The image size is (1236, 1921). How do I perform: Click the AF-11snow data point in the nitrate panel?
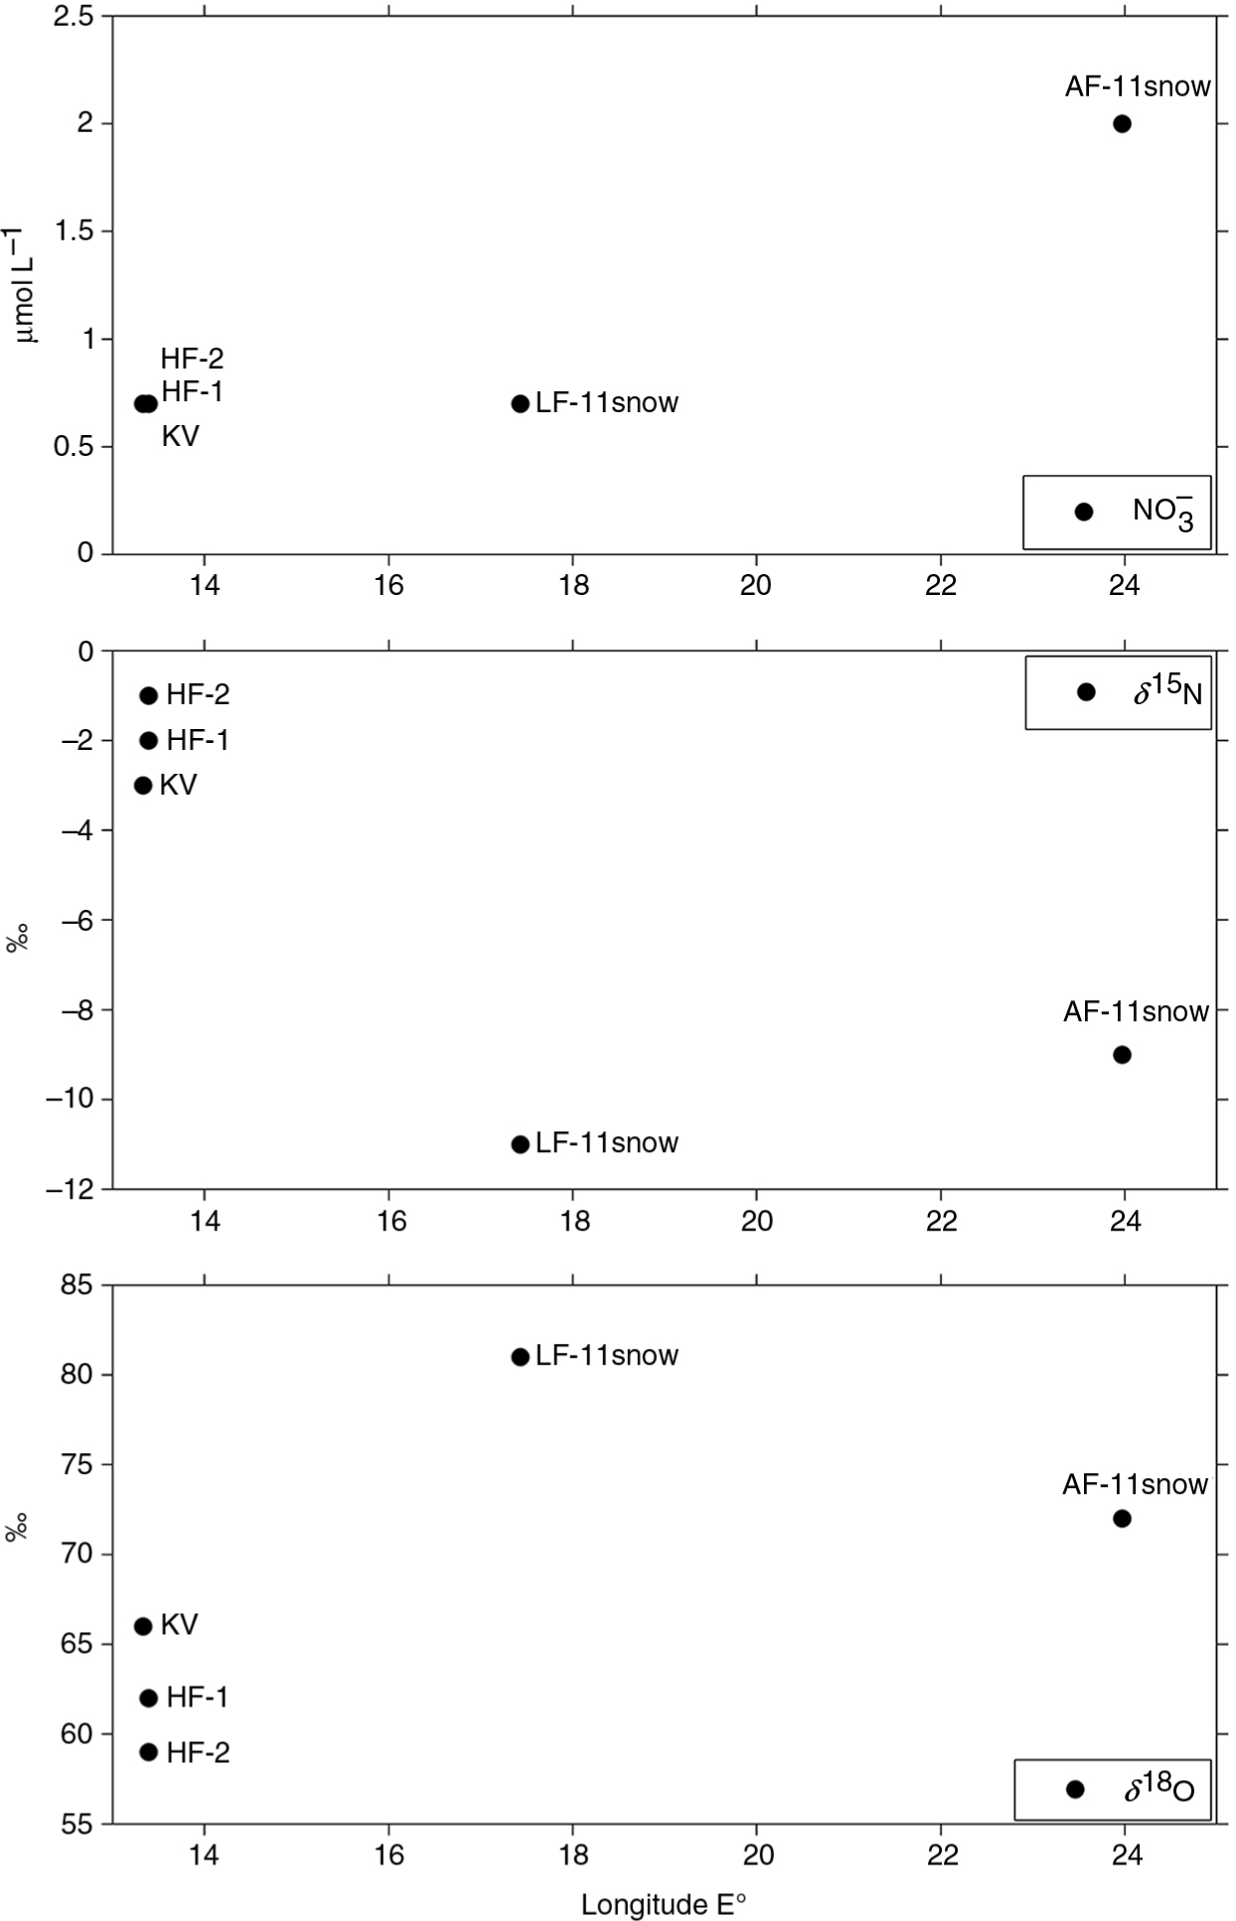(x=1122, y=124)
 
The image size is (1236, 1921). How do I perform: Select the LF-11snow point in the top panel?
(x=520, y=403)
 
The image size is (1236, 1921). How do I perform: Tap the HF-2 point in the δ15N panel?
(x=149, y=695)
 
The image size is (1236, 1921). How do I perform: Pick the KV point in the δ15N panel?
(x=143, y=785)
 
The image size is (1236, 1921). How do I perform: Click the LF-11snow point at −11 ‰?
(x=520, y=1144)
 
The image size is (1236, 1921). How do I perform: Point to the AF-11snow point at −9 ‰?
(x=1122, y=1055)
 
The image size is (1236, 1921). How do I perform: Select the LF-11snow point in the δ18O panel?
(x=520, y=1357)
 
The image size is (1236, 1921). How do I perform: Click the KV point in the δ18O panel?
(x=143, y=1626)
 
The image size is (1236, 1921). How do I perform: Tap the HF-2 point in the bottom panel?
(x=149, y=1752)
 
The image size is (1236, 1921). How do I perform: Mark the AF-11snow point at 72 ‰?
(x=1122, y=1519)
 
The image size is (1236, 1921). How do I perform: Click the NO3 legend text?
(x=1162, y=513)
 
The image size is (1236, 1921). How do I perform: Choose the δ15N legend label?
(x=1167, y=692)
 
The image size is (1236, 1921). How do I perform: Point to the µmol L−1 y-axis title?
(x=27, y=284)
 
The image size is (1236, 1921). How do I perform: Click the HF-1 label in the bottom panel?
(x=197, y=1698)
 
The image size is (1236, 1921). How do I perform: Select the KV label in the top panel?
(x=180, y=436)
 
